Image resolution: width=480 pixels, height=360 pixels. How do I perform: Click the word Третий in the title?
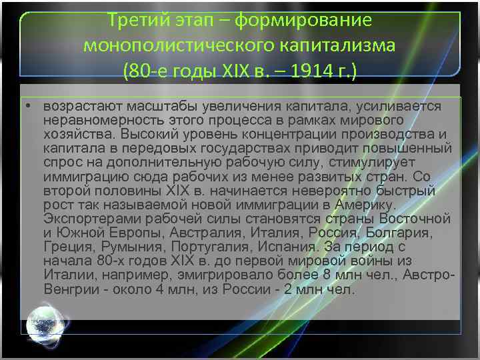[137, 19]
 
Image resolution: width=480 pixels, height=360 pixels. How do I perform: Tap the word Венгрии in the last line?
[71, 290]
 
